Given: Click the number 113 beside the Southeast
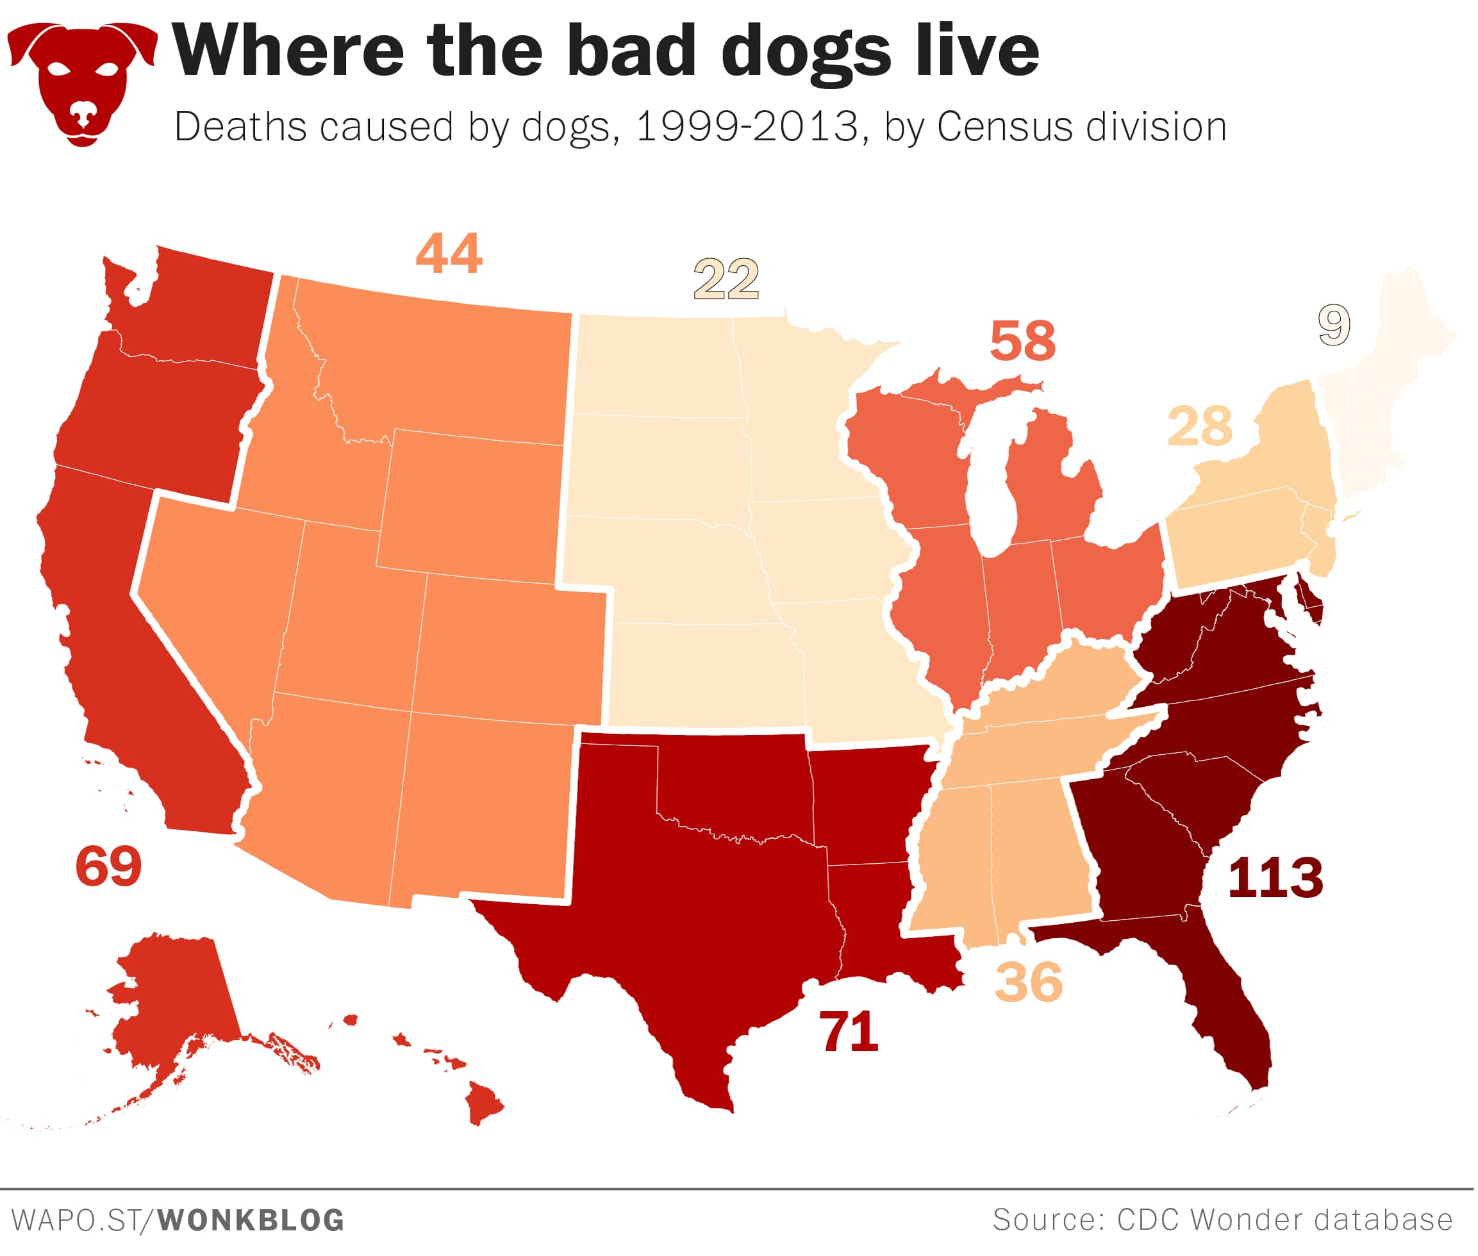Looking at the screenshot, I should [x=1274, y=877].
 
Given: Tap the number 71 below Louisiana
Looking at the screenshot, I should [x=849, y=1032].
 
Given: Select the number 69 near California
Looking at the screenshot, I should [x=108, y=866].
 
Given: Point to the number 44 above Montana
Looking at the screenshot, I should [x=449, y=254].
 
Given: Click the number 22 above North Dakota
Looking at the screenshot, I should [x=726, y=280].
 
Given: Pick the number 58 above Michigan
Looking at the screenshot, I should [x=1022, y=341].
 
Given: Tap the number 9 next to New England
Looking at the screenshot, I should [x=1333, y=326].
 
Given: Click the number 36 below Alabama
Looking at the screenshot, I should [x=1029, y=982].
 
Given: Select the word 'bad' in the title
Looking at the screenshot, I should [x=631, y=51].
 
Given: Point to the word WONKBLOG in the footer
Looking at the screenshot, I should [x=251, y=1219].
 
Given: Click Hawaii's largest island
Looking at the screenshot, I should [x=483, y=1104].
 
